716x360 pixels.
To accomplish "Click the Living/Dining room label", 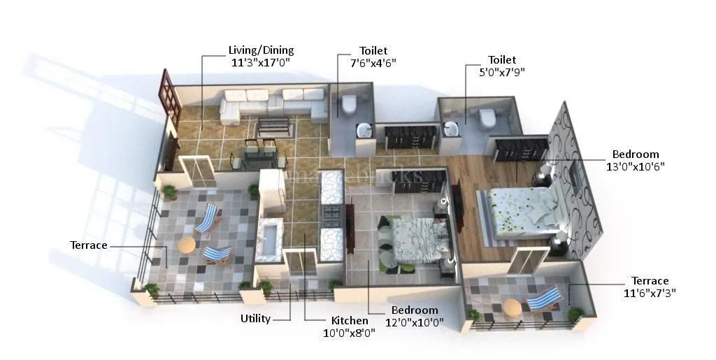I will (x=261, y=50).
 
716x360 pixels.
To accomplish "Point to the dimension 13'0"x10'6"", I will (x=636, y=166).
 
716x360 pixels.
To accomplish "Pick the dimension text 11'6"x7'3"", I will (x=650, y=292).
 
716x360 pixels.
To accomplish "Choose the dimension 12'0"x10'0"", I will (x=415, y=322).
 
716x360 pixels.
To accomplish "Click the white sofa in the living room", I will (x=273, y=106).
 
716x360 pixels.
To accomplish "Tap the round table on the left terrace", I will (x=186, y=245).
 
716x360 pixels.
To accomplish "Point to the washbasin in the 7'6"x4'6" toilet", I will (x=364, y=131).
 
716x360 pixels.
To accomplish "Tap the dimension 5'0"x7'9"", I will (x=502, y=71).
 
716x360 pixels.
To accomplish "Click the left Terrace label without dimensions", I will (x=89, y=245).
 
